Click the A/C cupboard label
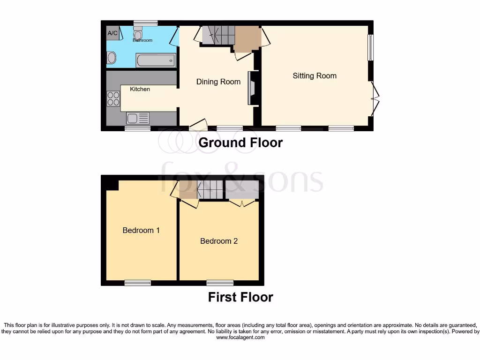pyautogui.click(x=112, y=33)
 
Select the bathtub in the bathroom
pyautogui.click(x=156, y=60)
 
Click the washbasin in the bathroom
pyautogui.click(x=112, y=58)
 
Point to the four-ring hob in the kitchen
pyautogui.click(x=113, y=98)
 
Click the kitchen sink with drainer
pyautogui.click(x=137, y=118)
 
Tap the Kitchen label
pyautogui.click(x=140, y=89)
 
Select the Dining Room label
pyautogui.click(x=218, y=82)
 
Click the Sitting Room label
pyautogui.click(x=315, y=75)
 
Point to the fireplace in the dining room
pyautogui.click(x=251, y=88)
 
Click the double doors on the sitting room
pyautogui.click(x=375, y=98)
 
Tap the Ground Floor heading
pyautogui.click(x=240, y=142)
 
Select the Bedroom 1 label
pyautogui.click(x=141, y=230)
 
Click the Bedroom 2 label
pyautogui.click(x=219, y=241)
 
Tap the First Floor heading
pyautogui.click(x=240, y=297)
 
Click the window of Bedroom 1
pyautogui.click(x=138, y=283)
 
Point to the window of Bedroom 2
pyautogui.click(x=220, y=283)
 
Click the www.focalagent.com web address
pyautogui.click(x=240, y=337)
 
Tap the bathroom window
pyautogui.click(x=145, y=22)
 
